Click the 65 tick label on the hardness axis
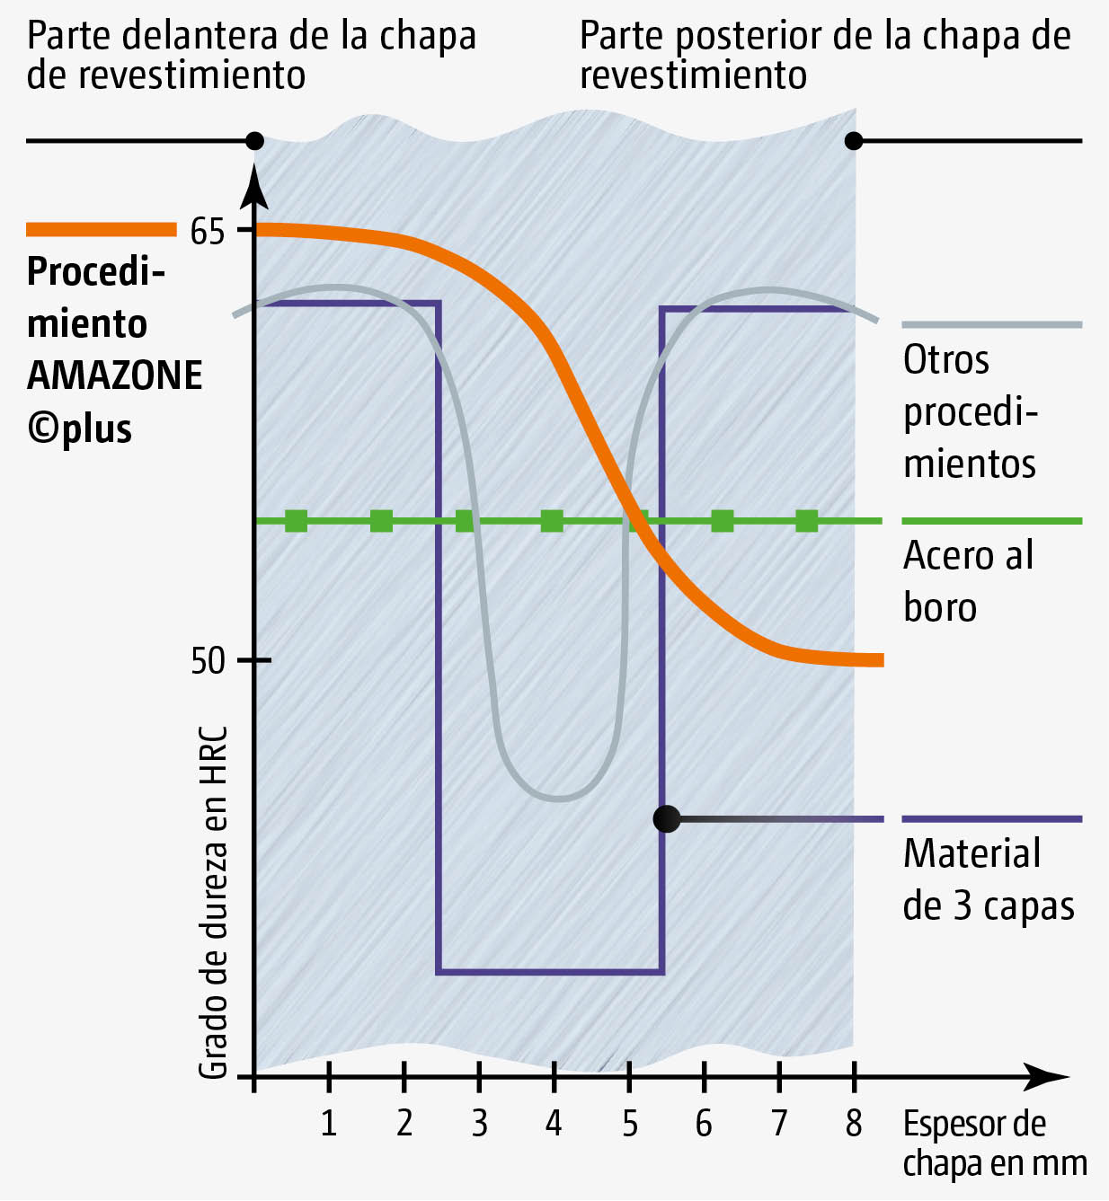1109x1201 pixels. point(208,232)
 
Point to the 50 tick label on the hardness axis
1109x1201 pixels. point(208,661)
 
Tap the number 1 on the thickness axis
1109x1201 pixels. point(329,1123)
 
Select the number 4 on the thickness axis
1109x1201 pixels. point(554,1123)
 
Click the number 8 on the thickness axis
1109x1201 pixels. point(854,1123)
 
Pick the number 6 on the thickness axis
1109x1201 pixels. point(704,1123)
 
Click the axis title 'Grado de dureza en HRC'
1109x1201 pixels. point(213,903)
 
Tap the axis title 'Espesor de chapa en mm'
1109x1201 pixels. point(993,1144)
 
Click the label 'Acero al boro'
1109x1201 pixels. point(968,581)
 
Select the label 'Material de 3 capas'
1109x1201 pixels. point(988,879)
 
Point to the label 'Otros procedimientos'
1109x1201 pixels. point(970,411)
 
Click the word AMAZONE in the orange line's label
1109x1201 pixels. point(115,375)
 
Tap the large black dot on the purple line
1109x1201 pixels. point(667,819)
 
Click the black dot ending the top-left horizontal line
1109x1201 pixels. point(255,141)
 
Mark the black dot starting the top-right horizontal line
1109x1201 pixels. point(854,141)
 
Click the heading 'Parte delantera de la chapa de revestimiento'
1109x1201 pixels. point(252,55)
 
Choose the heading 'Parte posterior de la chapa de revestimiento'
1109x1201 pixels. point(825,55)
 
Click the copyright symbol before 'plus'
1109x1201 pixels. point(42,428)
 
